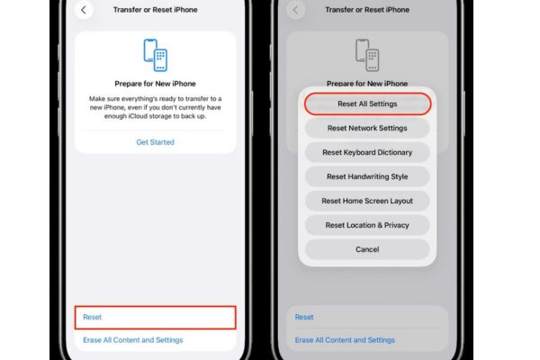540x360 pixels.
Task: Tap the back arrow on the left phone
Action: click(84, 10)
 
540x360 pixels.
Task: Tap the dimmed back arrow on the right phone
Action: click(295, 10)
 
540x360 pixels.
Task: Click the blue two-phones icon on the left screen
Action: click(156, 55)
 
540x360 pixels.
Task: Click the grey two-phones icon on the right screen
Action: click(367, 55)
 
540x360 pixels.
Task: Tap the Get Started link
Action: click(156, 142)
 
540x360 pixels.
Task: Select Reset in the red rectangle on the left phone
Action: click(93, 317)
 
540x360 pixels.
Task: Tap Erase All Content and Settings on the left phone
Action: click(133, 340)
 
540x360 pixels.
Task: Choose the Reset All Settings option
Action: click(367, 103)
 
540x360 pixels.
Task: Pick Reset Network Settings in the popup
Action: click(367, 128)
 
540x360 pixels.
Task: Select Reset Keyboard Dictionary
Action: click(367, 152)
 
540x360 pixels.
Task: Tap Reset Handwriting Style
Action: click(367, 176)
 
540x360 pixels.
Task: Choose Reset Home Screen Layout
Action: click(367, 201)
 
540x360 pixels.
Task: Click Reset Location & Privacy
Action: click(367, 225)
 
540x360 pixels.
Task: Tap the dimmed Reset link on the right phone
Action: click(304, 317)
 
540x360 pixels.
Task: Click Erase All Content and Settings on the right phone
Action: click(345, 340)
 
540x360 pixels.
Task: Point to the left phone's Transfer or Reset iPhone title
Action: click(156, 10)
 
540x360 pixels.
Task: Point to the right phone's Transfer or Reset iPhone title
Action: click(367, 10)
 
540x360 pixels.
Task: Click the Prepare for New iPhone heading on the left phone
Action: click(156, 84)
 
